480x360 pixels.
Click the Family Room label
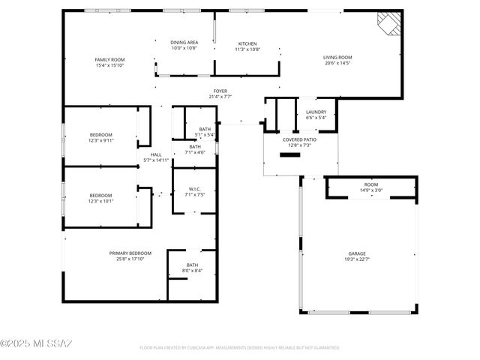pos(109,62)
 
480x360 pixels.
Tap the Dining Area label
pos(184,46)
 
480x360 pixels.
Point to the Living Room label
pos(337,61)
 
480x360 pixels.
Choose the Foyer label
pos(220,93)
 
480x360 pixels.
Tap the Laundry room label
pos(315,115)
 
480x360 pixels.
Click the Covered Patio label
pos(299,142)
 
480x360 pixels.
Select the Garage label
pos(356,256)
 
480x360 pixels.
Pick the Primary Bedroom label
pos(129,256)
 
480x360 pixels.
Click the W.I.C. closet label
pos(194,191)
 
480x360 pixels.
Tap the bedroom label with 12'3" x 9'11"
pos(100,137)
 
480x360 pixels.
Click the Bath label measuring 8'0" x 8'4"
pos(192,267)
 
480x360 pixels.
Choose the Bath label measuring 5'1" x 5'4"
pos(205,132)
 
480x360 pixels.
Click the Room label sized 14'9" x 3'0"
pos(371,187)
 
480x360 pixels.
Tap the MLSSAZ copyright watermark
pos(37,344)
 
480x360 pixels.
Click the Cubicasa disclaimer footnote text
pos(240,348)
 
